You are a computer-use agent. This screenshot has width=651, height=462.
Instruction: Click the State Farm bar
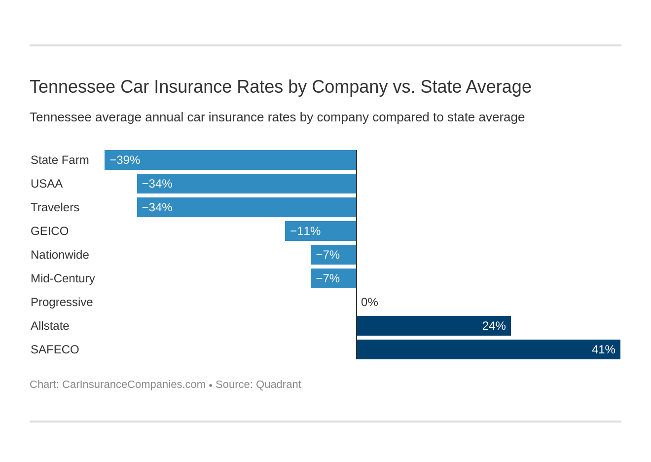pos(230,160)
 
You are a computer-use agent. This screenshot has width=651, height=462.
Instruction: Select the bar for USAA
pos(247,184)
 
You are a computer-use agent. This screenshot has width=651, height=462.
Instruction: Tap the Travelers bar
pos(247,207)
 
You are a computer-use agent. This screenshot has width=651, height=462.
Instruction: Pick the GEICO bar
pos(321,231)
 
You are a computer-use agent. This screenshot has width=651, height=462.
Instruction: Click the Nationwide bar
pos(333,255)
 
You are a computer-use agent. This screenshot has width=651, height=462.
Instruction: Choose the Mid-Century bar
pos(333,278)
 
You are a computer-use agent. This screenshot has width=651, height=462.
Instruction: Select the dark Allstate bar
pos(434,326)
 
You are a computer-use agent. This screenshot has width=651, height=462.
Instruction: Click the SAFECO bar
pos(488,349)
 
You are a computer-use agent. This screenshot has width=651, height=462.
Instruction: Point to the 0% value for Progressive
pos(369,302)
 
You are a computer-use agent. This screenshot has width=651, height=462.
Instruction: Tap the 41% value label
pos(603,349)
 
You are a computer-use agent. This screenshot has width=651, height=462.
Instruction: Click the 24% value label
pos(494,326)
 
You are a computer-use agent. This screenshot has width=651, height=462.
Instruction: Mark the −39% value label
pos(125,160)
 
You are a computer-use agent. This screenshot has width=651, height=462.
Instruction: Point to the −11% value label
pos(305,231)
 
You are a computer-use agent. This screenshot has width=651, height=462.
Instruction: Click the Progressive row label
pos(62,302)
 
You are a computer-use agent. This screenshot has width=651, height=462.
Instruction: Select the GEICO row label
pos(49,231)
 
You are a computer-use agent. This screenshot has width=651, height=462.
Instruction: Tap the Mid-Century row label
pos(63,278)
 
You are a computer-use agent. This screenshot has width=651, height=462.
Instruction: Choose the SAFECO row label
pos(55,349)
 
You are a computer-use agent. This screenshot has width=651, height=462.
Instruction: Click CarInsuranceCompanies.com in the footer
pos(134,385)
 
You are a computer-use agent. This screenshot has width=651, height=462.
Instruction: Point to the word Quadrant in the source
pos(278,385)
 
